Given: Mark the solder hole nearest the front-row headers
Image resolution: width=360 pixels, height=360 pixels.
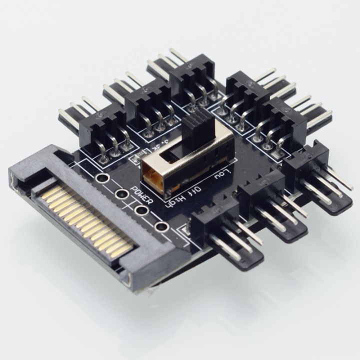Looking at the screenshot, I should tap(161, 227).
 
